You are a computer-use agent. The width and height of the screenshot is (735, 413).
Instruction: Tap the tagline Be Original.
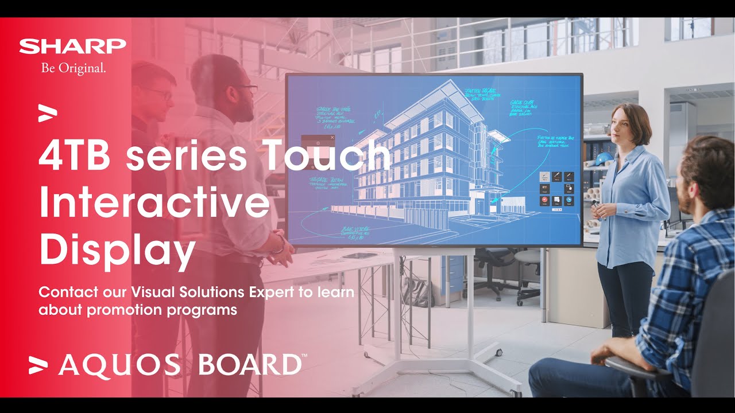coord(73,68)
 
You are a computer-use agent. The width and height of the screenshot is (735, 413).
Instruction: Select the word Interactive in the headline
coord(154,203)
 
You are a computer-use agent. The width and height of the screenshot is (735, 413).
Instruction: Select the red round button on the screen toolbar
coord(543,200)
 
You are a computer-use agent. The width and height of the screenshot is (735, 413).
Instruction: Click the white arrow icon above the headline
coord(48,112)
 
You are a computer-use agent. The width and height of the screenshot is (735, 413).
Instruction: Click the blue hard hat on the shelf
coord(604,158)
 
